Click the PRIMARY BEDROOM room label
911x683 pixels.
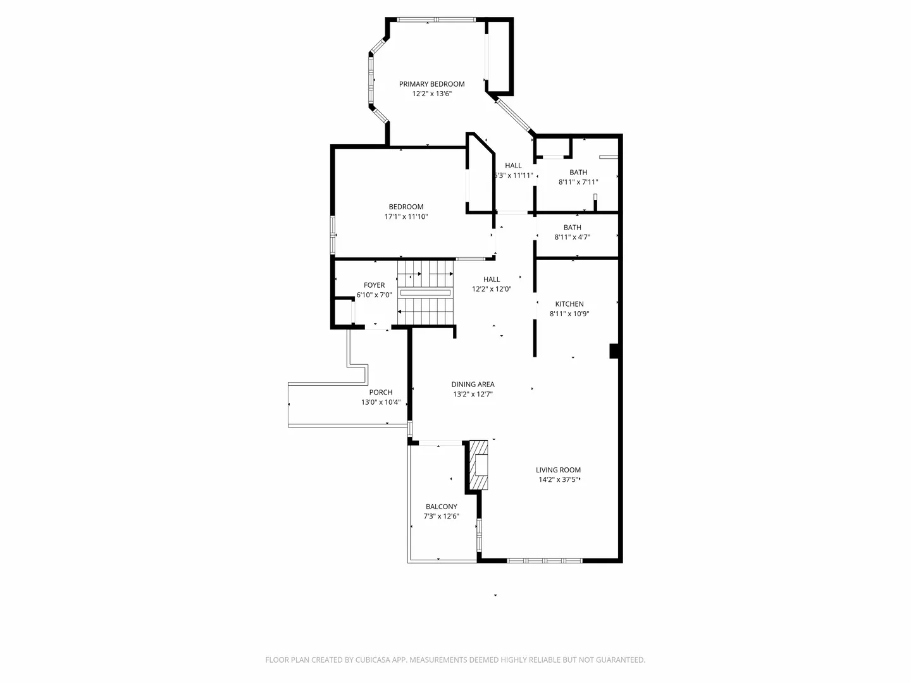point(431,83)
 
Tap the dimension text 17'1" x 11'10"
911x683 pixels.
point(406,216)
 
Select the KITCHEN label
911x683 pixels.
point(569,304)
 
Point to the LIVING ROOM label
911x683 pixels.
point(558,470)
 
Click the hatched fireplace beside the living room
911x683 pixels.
point(478,465)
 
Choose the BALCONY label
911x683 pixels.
point(441,507)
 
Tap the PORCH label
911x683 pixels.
point(381,392)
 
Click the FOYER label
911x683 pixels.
point(374,285)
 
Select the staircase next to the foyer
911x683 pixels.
point(425,293)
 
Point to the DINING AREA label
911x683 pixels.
point(473,385)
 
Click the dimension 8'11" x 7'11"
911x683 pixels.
point(578,182)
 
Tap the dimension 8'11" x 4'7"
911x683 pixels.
point(572,237)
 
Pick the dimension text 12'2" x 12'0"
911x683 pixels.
point(492,289)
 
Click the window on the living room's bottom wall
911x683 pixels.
point(545,561)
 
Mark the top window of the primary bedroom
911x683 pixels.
point(436,20)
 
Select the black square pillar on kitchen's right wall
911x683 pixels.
point(614,351)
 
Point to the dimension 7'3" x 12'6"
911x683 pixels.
point(441,516)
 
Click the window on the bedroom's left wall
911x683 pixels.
point(332,235)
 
